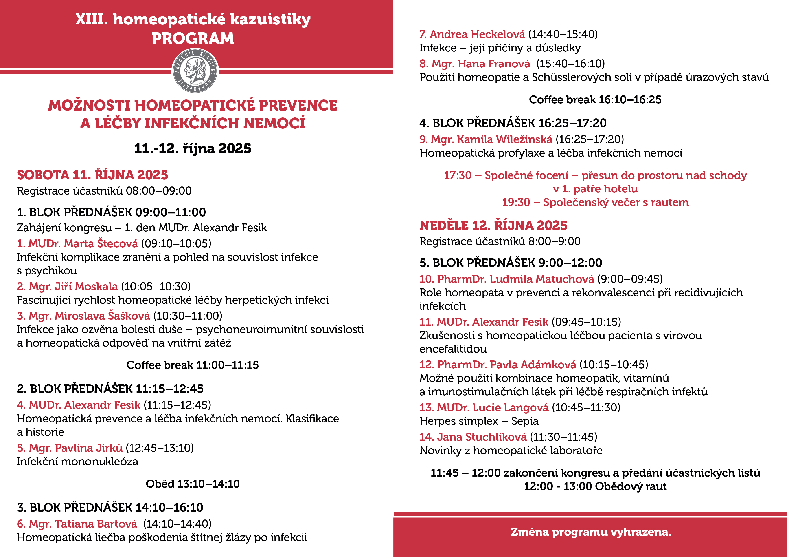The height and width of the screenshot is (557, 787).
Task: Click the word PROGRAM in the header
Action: click(193, 38)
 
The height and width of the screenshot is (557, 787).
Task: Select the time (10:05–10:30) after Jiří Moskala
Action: click(156, 286)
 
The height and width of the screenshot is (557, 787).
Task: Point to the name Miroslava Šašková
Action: click(102, 316)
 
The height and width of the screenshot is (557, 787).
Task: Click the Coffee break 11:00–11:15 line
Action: click(192, 365)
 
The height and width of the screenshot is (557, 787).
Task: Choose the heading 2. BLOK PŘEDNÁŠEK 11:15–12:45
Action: click(110, 389)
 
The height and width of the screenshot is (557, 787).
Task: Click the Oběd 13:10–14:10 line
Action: click(192, 484)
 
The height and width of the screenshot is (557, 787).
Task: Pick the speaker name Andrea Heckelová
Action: click(477, 34)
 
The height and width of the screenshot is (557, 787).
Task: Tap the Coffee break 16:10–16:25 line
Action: click(595, 99)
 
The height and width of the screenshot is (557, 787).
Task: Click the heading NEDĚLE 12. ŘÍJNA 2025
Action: click(493, 225)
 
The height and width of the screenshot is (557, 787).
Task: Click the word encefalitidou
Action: click(453, 349)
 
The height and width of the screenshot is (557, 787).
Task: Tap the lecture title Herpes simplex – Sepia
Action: click(479, 421)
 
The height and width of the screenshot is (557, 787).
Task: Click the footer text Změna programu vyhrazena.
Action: click(591, 532)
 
